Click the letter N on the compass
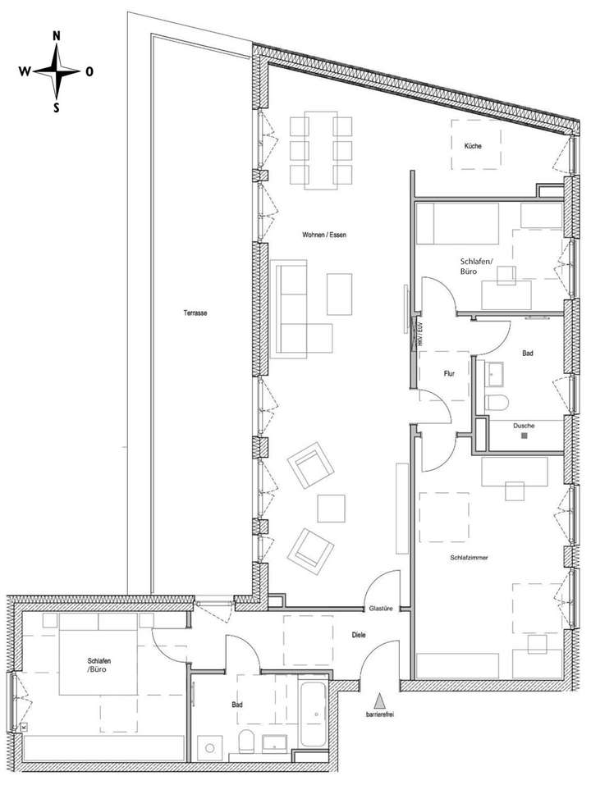(x=57, y=36)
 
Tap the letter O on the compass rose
(x=89, y=71)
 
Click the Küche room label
(x=472, y=146)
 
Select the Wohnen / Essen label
(x=324, y=235)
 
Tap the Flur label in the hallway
(x=449, y=372)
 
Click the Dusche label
(x=524, y=426)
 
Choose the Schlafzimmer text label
(x=470, y=557)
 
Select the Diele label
(x=358, y=634)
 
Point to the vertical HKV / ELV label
(x=419, y=336)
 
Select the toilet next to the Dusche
(x=497, y=401)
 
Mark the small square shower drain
(x=524, y=436)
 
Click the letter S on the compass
(x=57, y=107)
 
